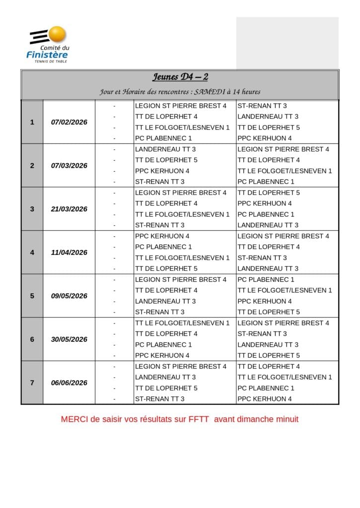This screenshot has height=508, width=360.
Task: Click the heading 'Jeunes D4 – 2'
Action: click(x=180, y=77)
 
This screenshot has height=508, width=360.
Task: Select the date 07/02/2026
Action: click(x=69, y=122)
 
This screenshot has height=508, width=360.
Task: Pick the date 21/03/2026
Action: click(x=69, y=209)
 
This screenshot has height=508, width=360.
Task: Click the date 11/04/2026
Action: click(x=69, y=252)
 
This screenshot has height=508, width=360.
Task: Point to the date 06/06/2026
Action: click(x=69, y=382)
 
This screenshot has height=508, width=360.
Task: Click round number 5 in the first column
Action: click(x=32, y=296)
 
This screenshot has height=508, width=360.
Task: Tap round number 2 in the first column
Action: click(x=32, y=166)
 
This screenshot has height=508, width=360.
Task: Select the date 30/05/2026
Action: click(x=69, y=339)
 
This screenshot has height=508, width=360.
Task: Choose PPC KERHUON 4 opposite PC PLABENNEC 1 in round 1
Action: click(x=265, y=138)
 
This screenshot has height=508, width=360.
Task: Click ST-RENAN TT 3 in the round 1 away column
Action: click(x=262, y=106)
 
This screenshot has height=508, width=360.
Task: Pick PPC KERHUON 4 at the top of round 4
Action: click(x=162, y=236)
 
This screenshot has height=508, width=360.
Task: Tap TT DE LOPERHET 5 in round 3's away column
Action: click(x=269, y=192)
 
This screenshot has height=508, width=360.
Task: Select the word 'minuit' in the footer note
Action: click(x=286, y=419)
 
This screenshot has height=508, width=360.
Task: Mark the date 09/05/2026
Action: click(x=69, y=296)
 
